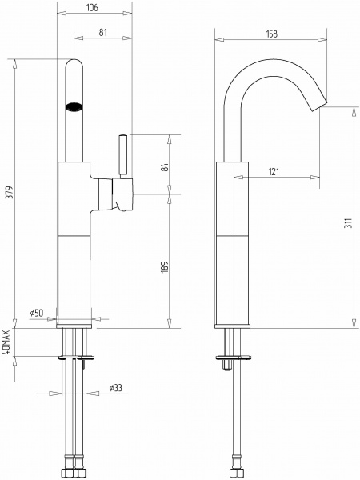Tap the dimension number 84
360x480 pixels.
point(164,167)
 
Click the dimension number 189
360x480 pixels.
point(164,267)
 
